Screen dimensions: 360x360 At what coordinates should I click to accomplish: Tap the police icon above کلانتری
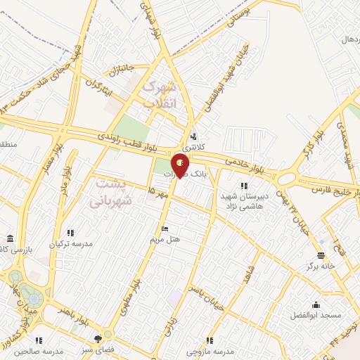pos(193,137)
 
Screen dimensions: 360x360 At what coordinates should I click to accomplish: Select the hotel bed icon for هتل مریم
pos(165,229)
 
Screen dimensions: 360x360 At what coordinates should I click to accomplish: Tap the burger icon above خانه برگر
pos(321,255)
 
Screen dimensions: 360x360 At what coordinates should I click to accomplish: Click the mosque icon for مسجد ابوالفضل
pos(315,304)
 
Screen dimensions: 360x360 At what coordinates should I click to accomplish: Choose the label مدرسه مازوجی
pos(210,349)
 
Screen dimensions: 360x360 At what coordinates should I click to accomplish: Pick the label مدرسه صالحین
pos(40,350)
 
